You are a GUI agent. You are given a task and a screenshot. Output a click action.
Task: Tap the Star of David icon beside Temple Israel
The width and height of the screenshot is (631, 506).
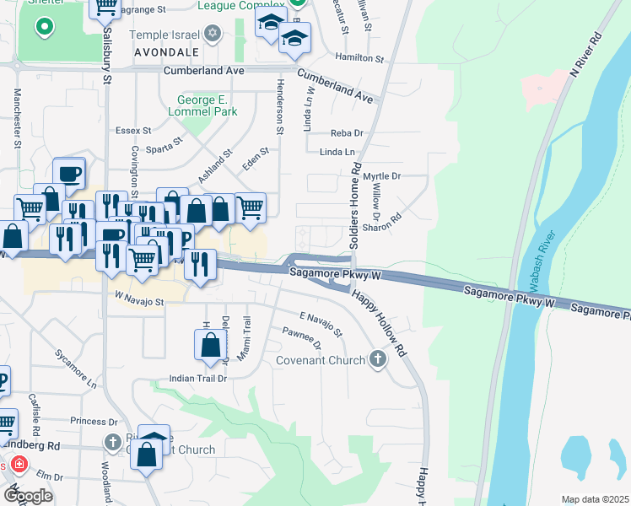coord(213,35)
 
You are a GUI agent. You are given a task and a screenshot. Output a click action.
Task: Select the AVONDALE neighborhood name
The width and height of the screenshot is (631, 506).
coord(164,51)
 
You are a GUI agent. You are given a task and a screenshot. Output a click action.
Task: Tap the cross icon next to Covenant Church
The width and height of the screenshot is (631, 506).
coord(377,360)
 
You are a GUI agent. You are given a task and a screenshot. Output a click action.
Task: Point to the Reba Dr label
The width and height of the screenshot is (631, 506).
coord(347,133)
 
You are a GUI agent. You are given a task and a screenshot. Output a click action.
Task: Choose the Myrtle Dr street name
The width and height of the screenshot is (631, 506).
coord(381,175)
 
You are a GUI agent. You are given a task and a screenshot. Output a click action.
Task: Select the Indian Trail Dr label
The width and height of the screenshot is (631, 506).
coord(198,379)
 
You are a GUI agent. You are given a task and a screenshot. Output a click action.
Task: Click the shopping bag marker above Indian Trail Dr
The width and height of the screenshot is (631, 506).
coord(210,345)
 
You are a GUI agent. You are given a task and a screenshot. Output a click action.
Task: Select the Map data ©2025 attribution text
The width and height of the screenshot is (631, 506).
coord(595,499)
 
